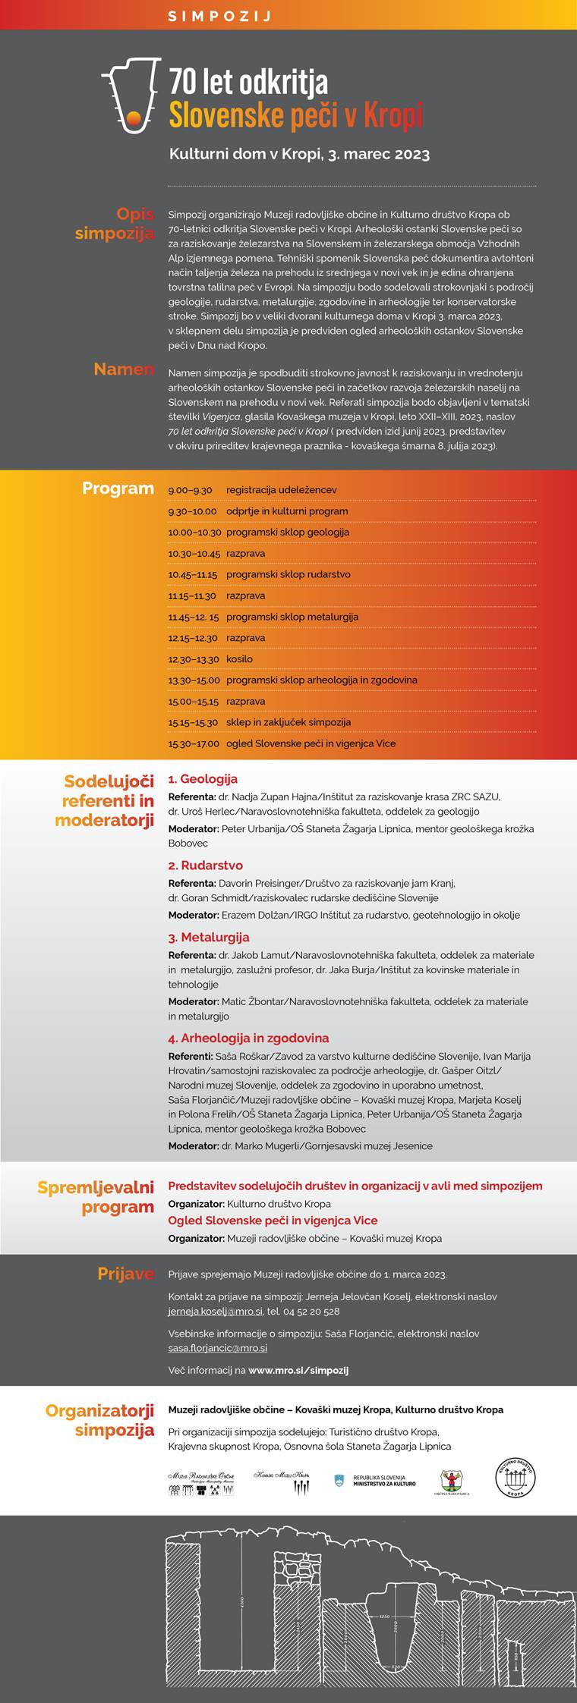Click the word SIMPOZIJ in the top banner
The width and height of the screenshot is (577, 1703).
219,15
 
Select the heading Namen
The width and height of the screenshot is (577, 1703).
124,369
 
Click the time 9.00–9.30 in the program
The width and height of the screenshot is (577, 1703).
190,490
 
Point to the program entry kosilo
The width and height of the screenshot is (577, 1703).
239,659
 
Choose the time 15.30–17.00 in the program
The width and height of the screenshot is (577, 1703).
194,743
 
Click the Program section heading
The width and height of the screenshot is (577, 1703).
118,489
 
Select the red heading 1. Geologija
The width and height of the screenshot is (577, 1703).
203,778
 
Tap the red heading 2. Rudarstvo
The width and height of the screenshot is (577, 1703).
205,865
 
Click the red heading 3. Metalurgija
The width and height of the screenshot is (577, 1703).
209,937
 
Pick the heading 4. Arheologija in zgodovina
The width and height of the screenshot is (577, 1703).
248,1038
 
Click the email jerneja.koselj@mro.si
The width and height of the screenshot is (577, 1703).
216,1312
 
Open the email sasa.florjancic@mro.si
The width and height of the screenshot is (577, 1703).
217,1348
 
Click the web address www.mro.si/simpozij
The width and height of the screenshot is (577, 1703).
298,1370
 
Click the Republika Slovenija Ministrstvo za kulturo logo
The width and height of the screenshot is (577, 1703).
375,1480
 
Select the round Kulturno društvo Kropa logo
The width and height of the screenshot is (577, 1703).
516,1478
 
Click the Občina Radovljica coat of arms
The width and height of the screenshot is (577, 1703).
454,1481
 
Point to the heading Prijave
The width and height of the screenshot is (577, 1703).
125,1274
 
